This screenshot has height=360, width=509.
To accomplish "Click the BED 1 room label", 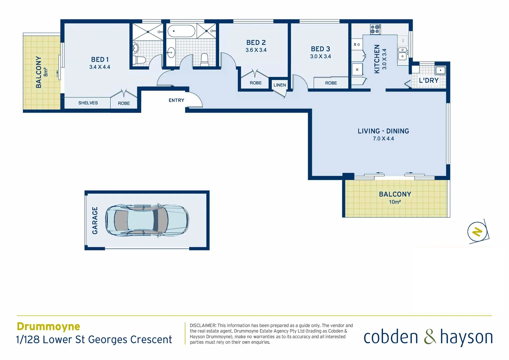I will [x=100, y=60].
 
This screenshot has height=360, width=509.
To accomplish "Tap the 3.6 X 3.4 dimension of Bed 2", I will [x=256, y=50].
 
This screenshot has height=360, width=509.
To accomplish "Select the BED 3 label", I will [x=320, y=49].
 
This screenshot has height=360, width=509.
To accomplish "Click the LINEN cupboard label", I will [x=279, y=85].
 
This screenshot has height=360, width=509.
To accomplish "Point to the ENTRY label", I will [x=176, y=100].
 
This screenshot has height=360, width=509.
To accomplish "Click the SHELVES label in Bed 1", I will [x=88, y=103].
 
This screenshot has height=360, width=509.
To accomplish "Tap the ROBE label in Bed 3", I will [x=331, y=83].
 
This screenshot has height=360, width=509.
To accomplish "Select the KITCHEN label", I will [x=377, y=59].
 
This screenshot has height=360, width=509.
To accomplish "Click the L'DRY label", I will [x=428, y=80].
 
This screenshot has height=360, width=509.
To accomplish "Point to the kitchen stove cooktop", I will [x=375, y=29].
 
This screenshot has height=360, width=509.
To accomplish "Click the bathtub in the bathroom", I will [x=181, y=31].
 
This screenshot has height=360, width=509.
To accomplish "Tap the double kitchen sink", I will [x=403, y=54].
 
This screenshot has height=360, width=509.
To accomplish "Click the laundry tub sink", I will [x=440, y=70].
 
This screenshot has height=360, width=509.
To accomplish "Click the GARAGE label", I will [x=95, y=220].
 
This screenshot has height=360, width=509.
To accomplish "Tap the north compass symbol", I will [x=477, y=232].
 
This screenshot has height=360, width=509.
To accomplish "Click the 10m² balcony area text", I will [x=395, y=202].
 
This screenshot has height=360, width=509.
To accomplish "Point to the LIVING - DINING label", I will [x=383, y=131].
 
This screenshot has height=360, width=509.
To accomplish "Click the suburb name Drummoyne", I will [x=48, y=326].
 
